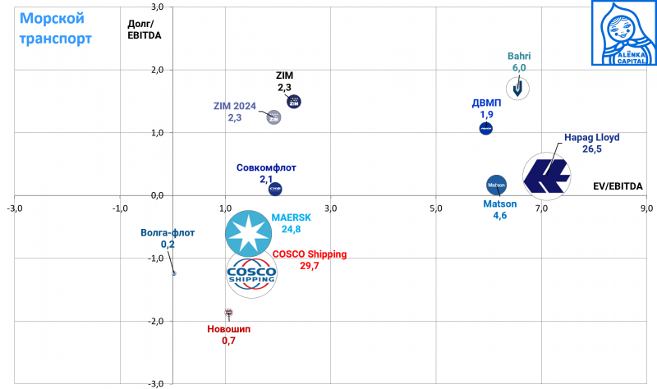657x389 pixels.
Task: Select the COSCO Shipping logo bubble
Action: tap(251, 272)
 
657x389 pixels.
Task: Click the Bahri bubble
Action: tap(517, 88)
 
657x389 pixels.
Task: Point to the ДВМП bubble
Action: tap(485, 129)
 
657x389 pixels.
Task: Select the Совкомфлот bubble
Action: tap(275, 189)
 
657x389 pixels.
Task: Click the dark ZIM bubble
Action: tap(294, 102)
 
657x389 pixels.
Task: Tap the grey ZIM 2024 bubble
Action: tap(274, 117)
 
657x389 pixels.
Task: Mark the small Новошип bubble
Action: tap(228, 313)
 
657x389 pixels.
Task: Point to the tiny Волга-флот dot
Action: tap(173, 273)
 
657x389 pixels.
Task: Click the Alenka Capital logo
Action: tap(623, 33)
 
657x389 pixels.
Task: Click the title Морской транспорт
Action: tap(56, 28)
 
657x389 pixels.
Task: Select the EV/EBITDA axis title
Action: tap(618, 186)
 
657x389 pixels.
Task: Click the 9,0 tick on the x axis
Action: tap(646, 208)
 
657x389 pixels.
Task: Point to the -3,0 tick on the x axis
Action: tap(14, 208)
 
